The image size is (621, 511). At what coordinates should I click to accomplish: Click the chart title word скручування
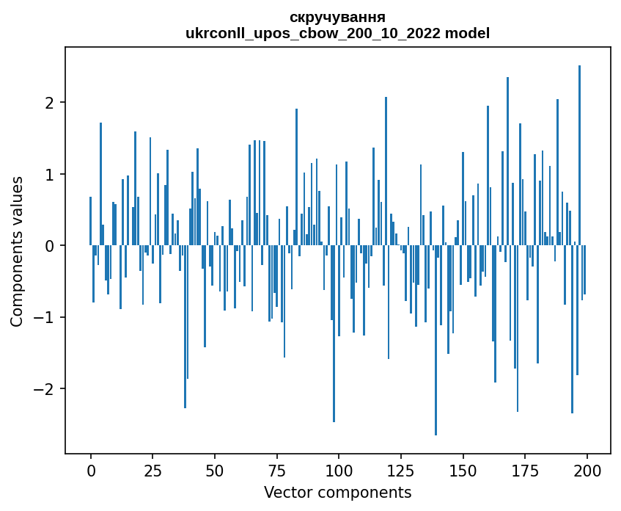(x=337, y=17)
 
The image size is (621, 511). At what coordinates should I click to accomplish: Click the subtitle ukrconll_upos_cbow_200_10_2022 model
(x=337, y=33)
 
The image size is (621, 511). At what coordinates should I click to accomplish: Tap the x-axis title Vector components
(x=337, y=492)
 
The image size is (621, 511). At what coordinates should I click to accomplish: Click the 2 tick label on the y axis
(x=50, y=102)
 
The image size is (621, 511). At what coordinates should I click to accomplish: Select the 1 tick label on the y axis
(x=50, y=174)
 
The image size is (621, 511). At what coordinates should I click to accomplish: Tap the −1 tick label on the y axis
(x=45, y=317)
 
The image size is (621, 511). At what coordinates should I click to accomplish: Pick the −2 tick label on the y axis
(x=45, y=388)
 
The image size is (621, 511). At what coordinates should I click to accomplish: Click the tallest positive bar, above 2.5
(x=579, y=147)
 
